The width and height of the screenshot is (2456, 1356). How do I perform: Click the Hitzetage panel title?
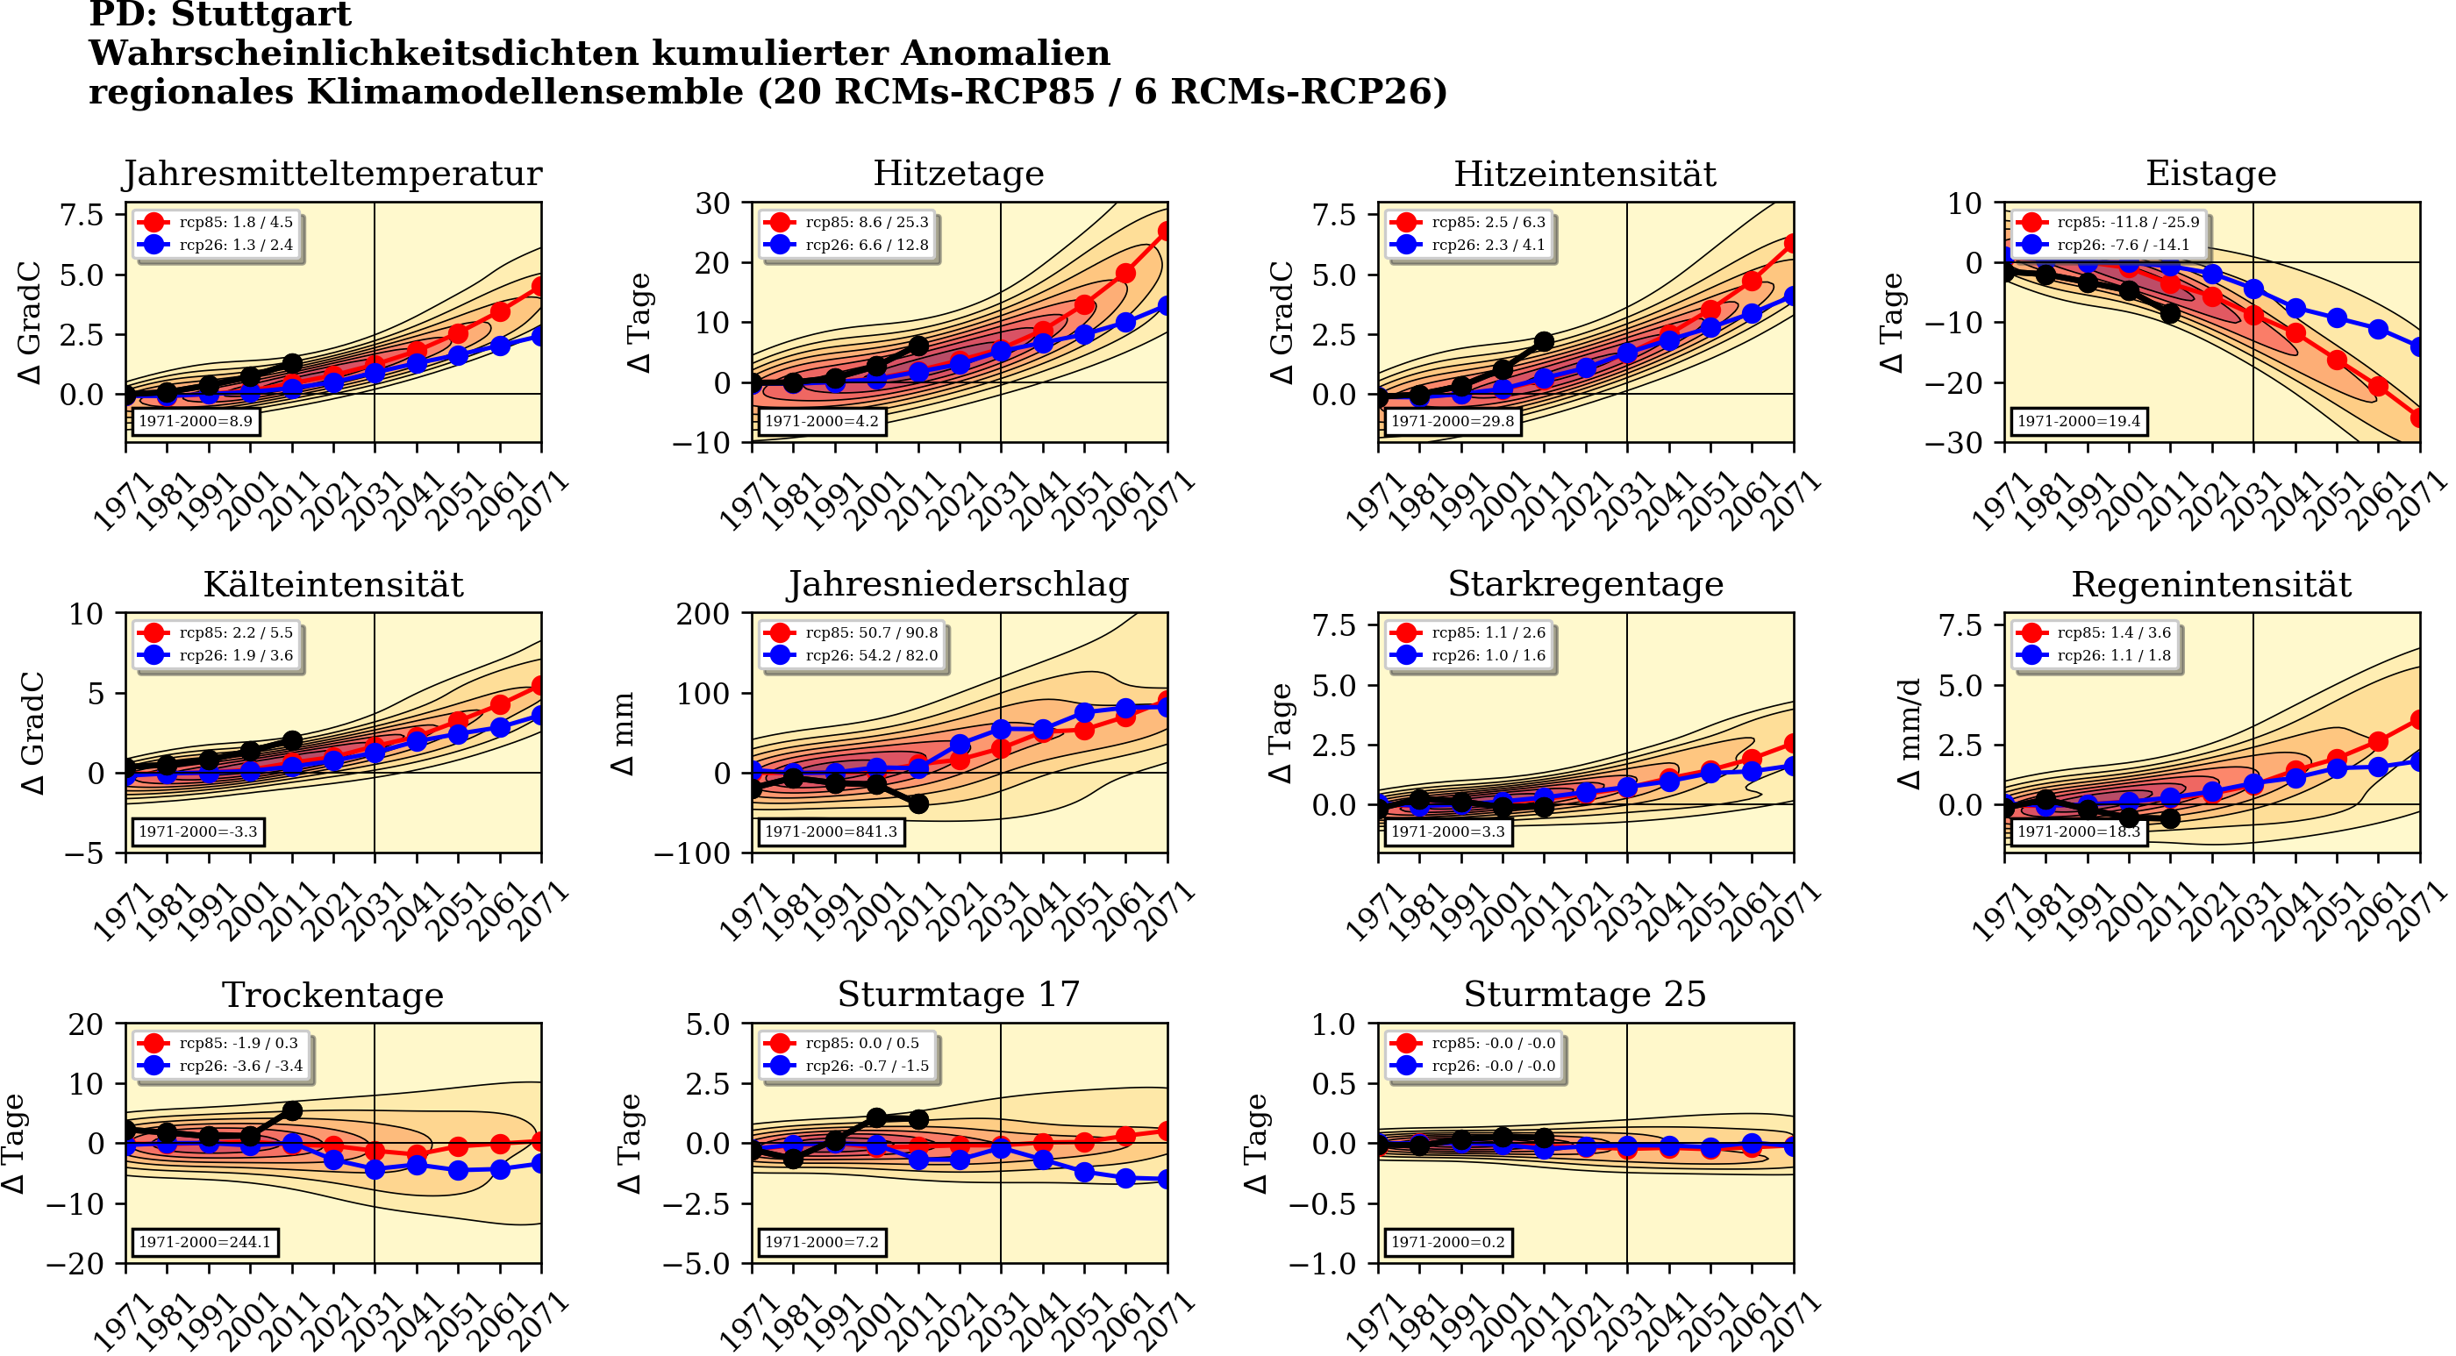tap(958, 174)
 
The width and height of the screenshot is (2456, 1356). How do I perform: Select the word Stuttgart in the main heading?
tap(275, 15)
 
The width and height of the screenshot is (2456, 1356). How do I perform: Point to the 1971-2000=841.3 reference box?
tap(830, 831)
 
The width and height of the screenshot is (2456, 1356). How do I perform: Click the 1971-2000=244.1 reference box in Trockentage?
tap(204, 1242)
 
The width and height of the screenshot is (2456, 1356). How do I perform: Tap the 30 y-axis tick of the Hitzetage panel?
tap(712, 203)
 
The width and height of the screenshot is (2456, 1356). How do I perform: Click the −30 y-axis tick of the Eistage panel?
tap(1953, 442)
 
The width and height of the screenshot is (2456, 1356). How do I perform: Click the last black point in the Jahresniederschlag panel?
tap(918, 804)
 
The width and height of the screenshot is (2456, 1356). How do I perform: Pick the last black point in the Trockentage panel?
tap(293, 1111)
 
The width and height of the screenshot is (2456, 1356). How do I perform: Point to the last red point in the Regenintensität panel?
tap(2419, 721)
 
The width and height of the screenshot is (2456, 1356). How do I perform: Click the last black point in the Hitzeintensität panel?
tap(1545, 341)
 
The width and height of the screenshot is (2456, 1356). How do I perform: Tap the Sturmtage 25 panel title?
tap(1585, 995)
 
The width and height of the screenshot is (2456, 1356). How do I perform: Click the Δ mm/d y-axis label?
tap(1910, 733)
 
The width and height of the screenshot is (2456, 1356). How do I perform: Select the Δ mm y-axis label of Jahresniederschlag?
tap(623, 733)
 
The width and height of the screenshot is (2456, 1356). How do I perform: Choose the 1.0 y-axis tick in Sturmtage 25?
tap(1334, 1024)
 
